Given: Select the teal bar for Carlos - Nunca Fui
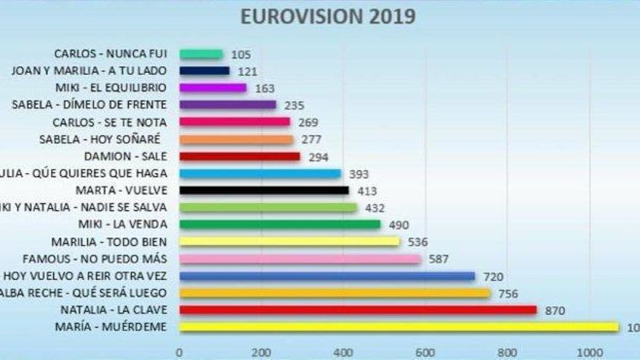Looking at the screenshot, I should [x=201, y=54].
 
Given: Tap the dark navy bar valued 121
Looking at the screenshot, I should [x=204, y=71].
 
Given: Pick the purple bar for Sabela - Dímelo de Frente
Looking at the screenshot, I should [x=228, y=105].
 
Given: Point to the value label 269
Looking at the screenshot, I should [x=308, y=122].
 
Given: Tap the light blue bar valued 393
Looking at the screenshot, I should [x=260, y=174].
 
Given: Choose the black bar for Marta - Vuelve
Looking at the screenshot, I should [x=264, y=191].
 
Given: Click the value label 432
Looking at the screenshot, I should [x=375, y=208].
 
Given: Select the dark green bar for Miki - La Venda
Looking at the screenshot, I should [x=279, y=225].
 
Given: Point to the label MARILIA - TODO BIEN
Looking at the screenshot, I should [x=109, y=241].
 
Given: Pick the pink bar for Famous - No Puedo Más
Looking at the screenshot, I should [x=300, y=259].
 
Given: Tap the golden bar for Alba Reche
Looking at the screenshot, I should [x=335, y=293].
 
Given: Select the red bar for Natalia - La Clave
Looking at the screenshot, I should [x=358, y=311].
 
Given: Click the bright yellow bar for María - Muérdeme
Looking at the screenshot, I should [x=399, y=327].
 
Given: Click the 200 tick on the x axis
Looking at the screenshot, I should [x=261, y=353].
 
